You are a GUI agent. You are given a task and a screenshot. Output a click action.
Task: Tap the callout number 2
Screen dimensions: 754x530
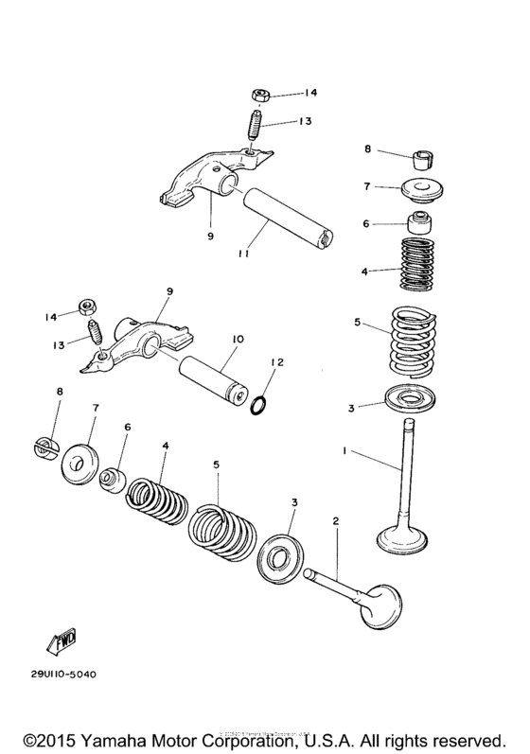point(334,520)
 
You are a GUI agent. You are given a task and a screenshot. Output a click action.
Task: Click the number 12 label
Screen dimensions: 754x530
point(277,362)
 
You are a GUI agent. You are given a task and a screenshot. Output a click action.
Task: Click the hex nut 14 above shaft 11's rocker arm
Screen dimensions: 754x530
point(260,95)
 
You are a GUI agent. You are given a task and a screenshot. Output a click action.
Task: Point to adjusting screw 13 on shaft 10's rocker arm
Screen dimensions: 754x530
point(94,333)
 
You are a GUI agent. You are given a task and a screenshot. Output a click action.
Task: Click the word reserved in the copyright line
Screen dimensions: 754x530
point(468,736)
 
